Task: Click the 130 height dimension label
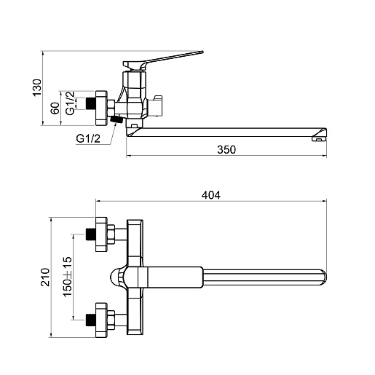click(37, 87)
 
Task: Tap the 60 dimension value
click(55, 108)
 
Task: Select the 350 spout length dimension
click(226, 149)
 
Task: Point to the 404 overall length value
click(211, 195)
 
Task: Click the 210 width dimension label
click(45, 277)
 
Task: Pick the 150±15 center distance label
click(68, 277)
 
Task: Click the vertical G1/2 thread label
click(70, 103)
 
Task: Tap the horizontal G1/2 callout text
click(88, 138)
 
